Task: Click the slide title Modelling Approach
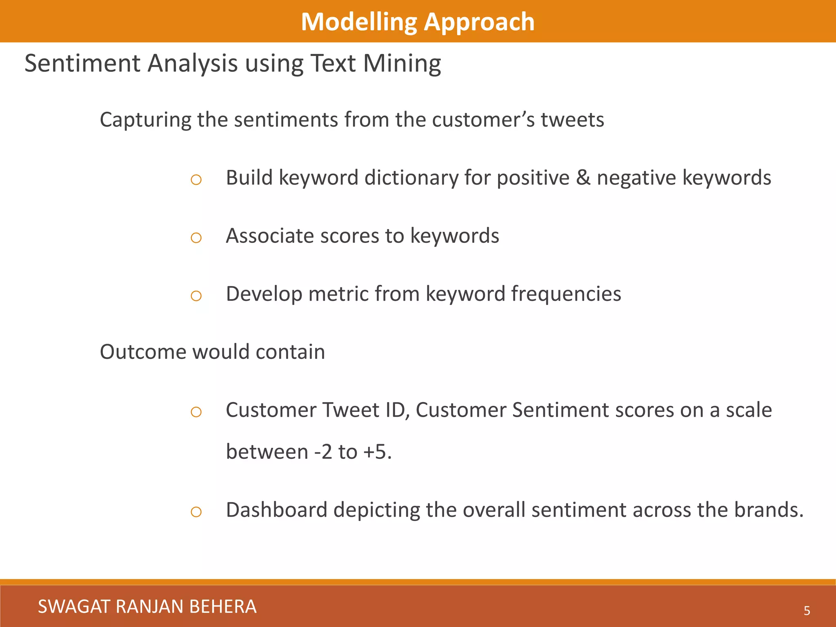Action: (418, 22)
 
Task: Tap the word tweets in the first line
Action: (572, 120)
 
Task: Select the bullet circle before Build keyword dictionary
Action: (196, 180)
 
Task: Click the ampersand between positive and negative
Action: (583, 178)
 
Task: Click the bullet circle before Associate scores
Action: (196, 238)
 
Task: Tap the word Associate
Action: (270, 236)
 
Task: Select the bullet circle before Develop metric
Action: (196, 296)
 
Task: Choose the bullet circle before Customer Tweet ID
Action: (196, 412)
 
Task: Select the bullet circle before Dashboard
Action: (196, 512)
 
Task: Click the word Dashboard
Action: (277, 510)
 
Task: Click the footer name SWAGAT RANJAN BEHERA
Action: (147, 607)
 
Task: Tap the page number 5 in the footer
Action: (807, 611)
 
